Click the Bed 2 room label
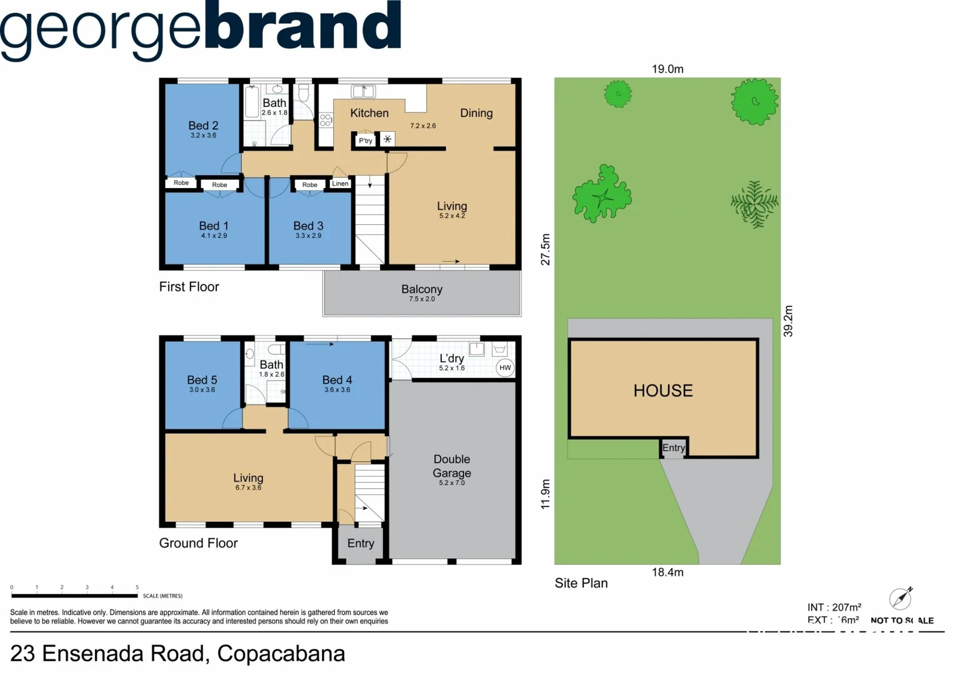pos(203,126)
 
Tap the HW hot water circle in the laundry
pos(505,367)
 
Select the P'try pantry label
pos(366,141)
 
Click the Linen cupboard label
pos(341,183)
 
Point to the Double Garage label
pos(452,466)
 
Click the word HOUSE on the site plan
pos(663,391)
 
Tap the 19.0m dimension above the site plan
pos(667,69)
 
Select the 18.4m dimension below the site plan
pos(667,572)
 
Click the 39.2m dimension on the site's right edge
pos(788,321)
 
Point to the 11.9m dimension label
pos(546,494)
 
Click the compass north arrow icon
pos(901,598)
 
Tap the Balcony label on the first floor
pos(422,289)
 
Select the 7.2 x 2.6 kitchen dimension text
pos(423,126)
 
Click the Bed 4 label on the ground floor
pos(337,380)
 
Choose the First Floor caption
pos(189,287)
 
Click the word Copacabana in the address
pos(281,654)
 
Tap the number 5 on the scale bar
pos(137,587)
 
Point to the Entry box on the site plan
pos(673,447)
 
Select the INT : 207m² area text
pos(834,607)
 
